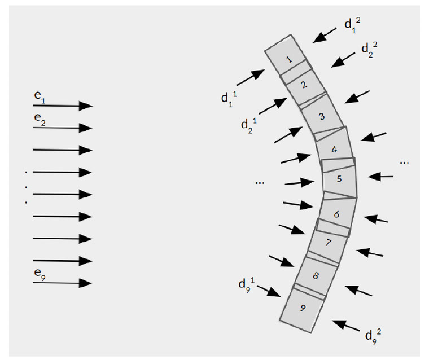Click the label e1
pyautogui.click(x=40, y=97)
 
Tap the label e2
pyautogui.click(x=40, y=119)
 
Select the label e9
pyautogui.click(x=40, y=274)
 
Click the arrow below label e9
pyautogui.click(x=63, y=283)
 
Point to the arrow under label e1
pyautogui.click(x=63, y=106)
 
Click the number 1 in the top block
pyautogui.click(x=289, y=59)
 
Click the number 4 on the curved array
pyautogui.click(x=334, y=150)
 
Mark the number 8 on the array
pyautogui.click(x=316, y=276)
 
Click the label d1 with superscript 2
pyautogui.click(x=352, y=25)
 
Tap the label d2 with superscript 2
pyautogui.click(x=369, y=50)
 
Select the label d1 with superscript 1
pyautogui.click(x=229, y=99)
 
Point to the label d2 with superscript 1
pyautogui.click(x=249, y=125)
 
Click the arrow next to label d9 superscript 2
pyautogui.click(x=346, y=326)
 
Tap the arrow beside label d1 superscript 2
pyautogui.click(x=325, y=36)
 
